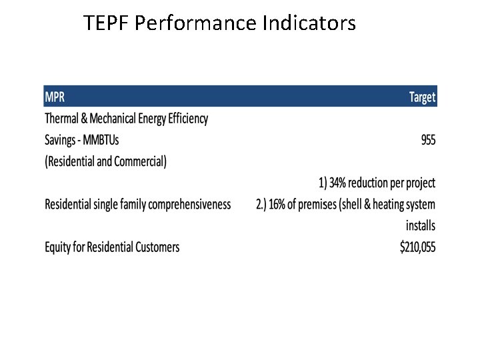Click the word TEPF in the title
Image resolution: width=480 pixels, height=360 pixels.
pos(107,24)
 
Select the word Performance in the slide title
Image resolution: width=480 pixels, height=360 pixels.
pos(195,24)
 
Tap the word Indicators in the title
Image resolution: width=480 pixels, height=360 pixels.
pos(309,24)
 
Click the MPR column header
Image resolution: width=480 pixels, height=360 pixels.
pos(55,97)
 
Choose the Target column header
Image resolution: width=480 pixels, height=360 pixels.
pos(422,97)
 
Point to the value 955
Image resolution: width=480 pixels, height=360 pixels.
pos(427,140)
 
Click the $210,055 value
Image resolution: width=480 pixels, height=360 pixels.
pos(417,247)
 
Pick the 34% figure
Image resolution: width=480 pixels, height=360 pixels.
pos(341,183)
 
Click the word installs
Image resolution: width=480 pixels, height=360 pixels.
pos(421,226)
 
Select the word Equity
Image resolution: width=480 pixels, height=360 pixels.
pos(59,247)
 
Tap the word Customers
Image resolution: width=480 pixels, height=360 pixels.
pos(157,247)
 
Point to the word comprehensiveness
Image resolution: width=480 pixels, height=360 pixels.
pos(190,205)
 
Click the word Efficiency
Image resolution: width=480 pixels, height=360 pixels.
pos(184,119)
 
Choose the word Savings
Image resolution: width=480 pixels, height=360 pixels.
pos(61,140)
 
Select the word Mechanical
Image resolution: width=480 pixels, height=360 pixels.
pos(112,119)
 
